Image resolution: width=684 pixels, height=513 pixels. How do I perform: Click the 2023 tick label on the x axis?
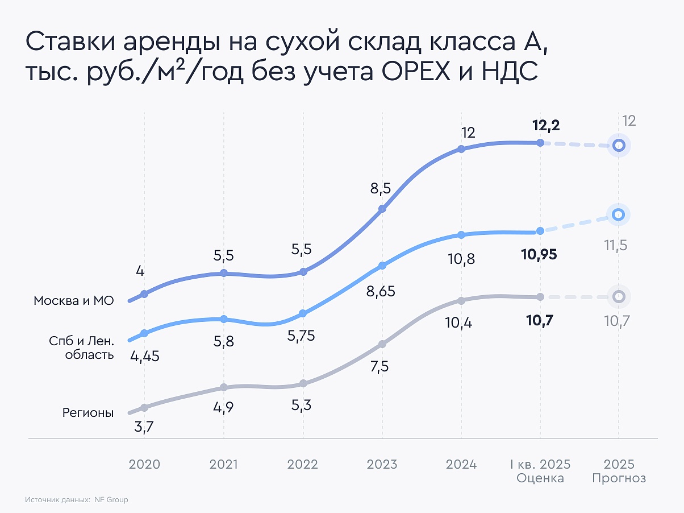(382, 464)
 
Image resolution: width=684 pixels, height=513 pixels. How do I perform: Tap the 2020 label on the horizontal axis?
(144, 464)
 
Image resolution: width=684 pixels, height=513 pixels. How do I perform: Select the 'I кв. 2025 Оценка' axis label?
(540, 471)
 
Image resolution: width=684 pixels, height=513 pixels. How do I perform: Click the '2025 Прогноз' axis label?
(619, 471)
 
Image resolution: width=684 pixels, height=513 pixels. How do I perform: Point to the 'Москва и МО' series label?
(74, 301)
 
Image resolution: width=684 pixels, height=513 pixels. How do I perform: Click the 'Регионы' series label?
(88, 413)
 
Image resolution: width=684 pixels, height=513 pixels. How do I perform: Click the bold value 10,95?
(539, 254)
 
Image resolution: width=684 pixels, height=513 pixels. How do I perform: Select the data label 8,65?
(381, 292)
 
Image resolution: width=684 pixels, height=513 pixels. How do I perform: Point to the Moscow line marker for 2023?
(382, 209)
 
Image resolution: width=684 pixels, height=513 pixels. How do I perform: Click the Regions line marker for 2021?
(224, 387)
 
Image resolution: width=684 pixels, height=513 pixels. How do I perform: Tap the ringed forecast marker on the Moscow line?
(619, 146)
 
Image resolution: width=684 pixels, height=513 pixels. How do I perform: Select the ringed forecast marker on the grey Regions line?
(619, 296)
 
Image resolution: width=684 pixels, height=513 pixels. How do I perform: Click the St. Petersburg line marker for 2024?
(461, 234)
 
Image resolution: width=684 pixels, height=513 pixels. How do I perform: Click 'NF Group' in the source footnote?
(111, 500)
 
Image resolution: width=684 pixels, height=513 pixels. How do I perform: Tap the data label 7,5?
(379, 367)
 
